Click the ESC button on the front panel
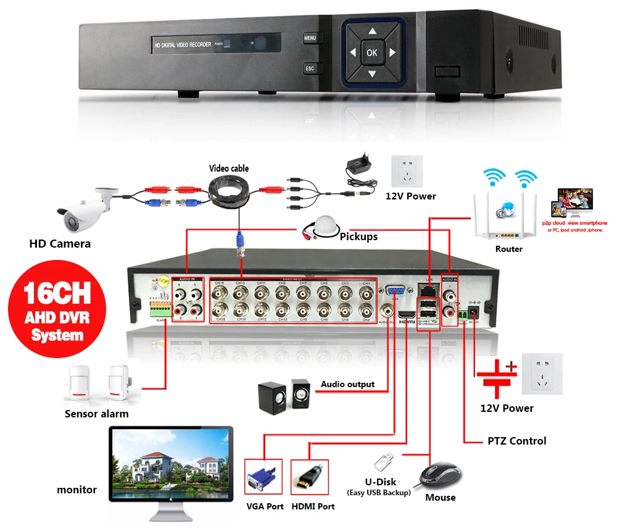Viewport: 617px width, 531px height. (310, 69)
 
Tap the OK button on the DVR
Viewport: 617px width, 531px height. (371, 52)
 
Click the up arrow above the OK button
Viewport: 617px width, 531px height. (371, 31)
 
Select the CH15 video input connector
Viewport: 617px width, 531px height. (219, 292)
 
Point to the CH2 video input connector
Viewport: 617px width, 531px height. (366, 309)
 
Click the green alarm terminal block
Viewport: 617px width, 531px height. (159, 307)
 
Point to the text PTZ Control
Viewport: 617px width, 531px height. (516, 441)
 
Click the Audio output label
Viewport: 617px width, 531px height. (347, 384)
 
